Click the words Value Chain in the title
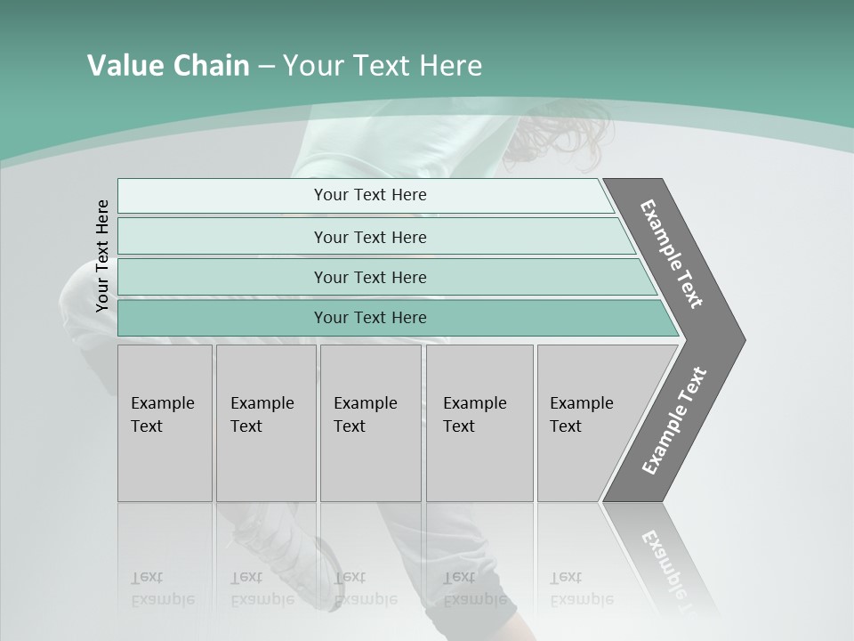(x=168, y=66)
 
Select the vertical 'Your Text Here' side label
(x=102, y=256)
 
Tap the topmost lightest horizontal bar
(x=369, y=195)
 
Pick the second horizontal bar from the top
(x=369, y=237)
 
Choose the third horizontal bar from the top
(x=369, y=277)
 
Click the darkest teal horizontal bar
(x=369, y=318)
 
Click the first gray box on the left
(x=165, y=423)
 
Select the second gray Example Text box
(x=265, y=423)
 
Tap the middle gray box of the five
(x=370, y=423)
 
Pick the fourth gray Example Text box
(x=479, y=423)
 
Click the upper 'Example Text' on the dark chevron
(x=672, y=254)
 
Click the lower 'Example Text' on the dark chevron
(x=674, y=420)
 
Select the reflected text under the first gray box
(x=162, y=588)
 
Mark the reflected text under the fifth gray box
(x=581, y=588)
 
